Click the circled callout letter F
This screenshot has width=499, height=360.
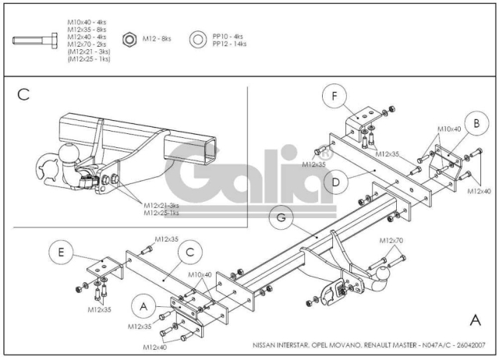pos(334,96)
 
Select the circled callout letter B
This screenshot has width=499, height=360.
pos(476,123)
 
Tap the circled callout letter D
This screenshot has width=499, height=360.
pos(336,182)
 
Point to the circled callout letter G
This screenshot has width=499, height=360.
pos(281,217)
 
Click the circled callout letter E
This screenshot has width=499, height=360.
pos(61,252)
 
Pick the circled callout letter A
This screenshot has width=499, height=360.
pos(143,306)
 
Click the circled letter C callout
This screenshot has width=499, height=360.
pos(190,252)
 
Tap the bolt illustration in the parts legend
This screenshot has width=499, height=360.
pos(35,41)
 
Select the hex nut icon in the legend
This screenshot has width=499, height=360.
pos(129,40)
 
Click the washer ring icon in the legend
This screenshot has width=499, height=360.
pos(198,40)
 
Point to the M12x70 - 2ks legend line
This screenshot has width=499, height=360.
pos(87,44)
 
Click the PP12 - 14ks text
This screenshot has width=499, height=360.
pos(229,44)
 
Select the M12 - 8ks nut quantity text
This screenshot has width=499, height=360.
pos(157,39)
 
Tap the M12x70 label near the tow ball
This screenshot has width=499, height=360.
pos(391,241)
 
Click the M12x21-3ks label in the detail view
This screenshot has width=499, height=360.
pos(161,206)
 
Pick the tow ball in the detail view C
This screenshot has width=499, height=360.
pos(69,154)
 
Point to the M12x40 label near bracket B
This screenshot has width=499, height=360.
pos(480,191)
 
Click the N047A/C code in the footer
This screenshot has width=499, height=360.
pos(437,345)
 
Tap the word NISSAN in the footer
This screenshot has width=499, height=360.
pos(264,345)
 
